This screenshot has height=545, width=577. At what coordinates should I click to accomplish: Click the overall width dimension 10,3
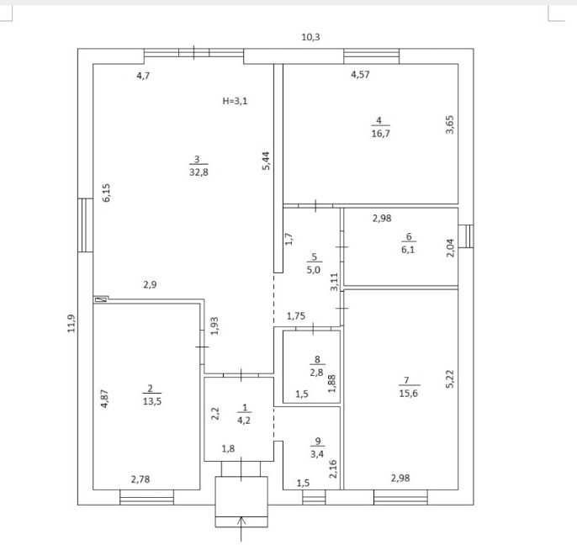click(x=310, y=37)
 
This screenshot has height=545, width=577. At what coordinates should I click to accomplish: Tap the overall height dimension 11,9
click(x=71, y=324)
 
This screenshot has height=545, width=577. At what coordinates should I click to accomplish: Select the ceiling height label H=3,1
click(x=236, y=101)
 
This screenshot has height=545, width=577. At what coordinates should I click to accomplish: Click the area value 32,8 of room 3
click(x=199, y=172)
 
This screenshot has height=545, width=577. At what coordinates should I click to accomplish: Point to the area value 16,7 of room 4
click(x=380, y=133)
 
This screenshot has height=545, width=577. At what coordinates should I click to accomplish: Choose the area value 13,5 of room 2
click(x=152, y=401)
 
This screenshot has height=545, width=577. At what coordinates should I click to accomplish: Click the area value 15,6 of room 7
click(x=409, y=393)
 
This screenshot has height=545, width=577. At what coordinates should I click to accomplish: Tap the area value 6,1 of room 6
click(x=408, y=250)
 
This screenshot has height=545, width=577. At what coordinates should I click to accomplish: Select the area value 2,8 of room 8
click(x=316, y=373)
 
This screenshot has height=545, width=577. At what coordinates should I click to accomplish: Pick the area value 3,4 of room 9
click(x=317, y=453)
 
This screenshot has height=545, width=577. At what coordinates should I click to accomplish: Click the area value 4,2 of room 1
click(x=244, y=421)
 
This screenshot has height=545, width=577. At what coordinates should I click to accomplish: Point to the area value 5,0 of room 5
click(x=313, y=270)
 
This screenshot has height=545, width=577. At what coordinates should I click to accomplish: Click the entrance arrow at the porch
click(x=241, y=530)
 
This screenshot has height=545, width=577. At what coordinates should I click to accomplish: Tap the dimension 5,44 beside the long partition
click(x=266, y=161)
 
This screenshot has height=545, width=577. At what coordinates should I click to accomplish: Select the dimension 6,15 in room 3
click(x=106, y=193)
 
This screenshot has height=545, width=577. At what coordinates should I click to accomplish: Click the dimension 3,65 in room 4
click(x=450, y=124)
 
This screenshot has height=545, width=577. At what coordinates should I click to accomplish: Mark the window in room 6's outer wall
click(x=466, y=235)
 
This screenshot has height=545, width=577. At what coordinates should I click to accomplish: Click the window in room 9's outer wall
click(x=314, y=497)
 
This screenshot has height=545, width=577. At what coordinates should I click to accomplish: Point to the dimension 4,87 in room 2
click(x=104, y=399)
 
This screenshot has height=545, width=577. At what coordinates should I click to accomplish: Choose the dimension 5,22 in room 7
click(x=450, y=379)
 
